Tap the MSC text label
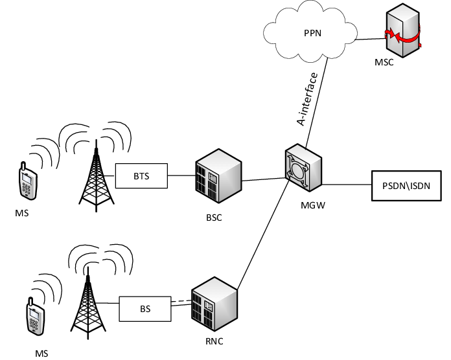pos(384,63)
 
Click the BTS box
pos(141,175)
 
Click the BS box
pos(145,309)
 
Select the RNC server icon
pos(213,304)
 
